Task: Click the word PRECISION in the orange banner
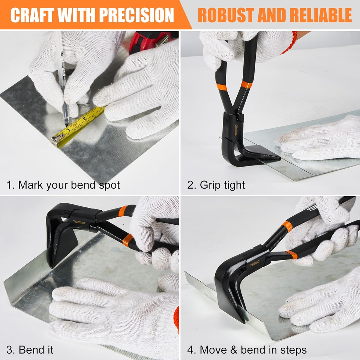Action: click(x=136, y=15)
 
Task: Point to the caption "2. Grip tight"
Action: click(x=216, y=185)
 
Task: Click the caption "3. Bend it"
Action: click(x=30, y=350)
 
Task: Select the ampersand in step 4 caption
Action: click(x=234, y=349)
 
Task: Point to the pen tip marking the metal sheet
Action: click(x=67, y=124)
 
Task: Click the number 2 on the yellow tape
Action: click(x=84, y=118)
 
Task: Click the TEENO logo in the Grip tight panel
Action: click(x=236, y=130)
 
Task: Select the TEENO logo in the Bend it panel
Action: click(x=79, y=222)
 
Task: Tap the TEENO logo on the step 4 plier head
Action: click(x=255, y=263)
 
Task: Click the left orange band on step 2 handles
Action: click(x=221, y=87)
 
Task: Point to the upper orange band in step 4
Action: click(x=287, y=226)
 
